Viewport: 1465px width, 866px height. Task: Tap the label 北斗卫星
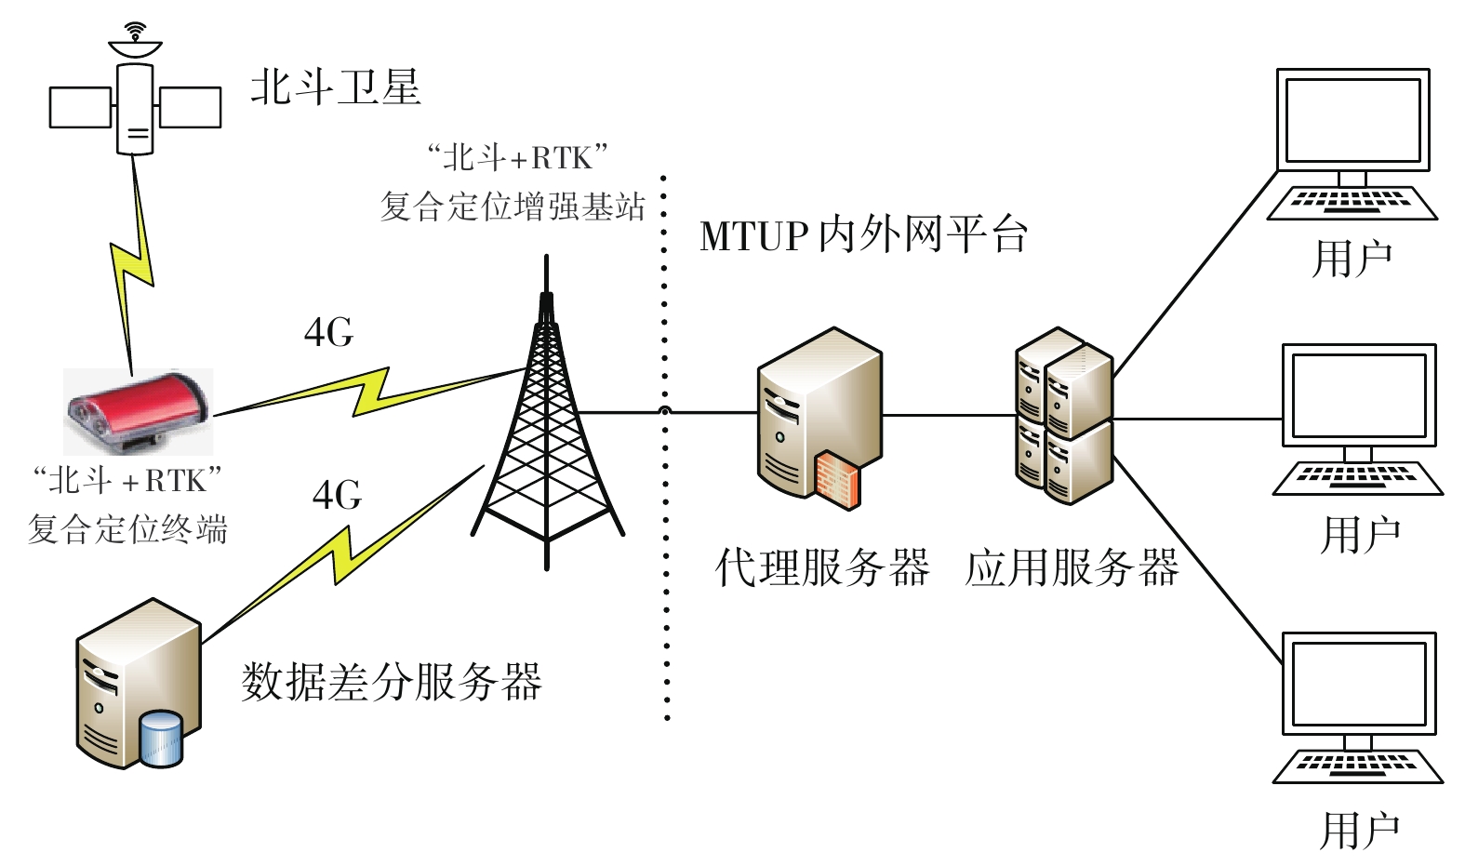point(335,88)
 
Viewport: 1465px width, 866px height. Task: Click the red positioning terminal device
point(138,409)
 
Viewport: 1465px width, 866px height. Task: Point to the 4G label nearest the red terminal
point(328,332)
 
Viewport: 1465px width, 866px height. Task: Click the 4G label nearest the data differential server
point(337,495)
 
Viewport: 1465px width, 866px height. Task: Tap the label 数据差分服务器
point(391,682)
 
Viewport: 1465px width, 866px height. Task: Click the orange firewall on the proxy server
point(837,479)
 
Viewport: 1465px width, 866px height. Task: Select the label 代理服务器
point(821,567)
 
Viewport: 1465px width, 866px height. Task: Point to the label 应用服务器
point(1072,567)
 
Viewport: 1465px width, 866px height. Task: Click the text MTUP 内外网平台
point(863,235)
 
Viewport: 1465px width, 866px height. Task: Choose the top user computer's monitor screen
point(1352,119)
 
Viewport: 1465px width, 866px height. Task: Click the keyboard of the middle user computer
point(1357,477)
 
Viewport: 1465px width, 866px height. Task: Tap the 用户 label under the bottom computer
point(1360,830)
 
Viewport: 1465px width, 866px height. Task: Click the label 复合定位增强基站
point(512,207)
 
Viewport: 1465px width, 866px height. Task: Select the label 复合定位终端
point(127,529)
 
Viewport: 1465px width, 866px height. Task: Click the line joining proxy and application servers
point(947,415)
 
